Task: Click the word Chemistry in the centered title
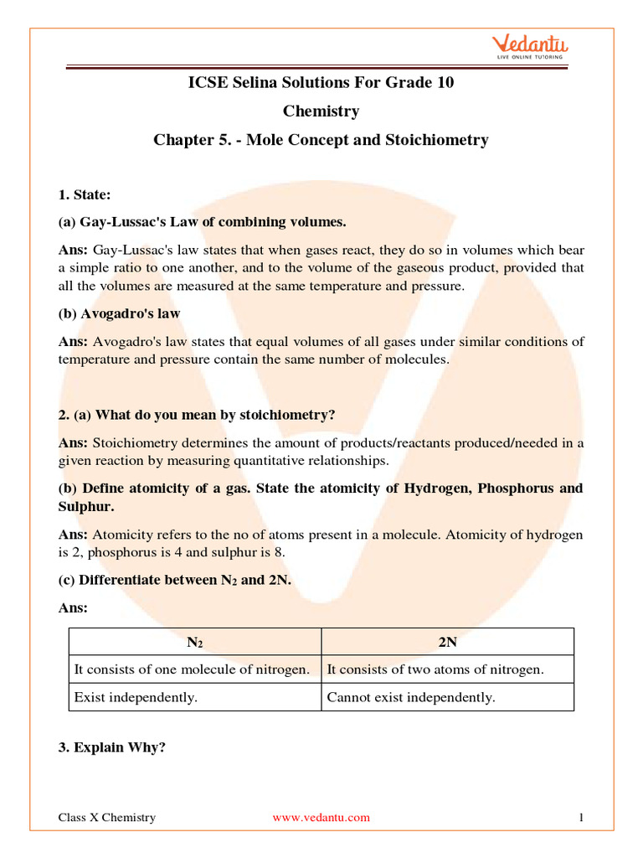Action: coord(321,111)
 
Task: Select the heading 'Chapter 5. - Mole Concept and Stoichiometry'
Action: coord(321,140)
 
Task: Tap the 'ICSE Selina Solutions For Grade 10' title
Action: coord(321,82)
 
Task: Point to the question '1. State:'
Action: coord(85,194)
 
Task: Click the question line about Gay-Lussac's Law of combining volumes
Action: coord(202,222)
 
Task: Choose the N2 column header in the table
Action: coord(194,643)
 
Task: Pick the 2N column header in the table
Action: coord(448,643)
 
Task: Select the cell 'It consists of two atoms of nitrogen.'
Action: coord(435,669)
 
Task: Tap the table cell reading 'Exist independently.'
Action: coord(136,697)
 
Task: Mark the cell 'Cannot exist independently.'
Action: coord(411,697)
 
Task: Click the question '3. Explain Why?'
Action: coord(111,747)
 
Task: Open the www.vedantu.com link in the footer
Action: coord(321,818)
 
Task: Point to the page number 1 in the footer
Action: coord(580,818)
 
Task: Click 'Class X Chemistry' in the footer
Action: coord(106,818)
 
